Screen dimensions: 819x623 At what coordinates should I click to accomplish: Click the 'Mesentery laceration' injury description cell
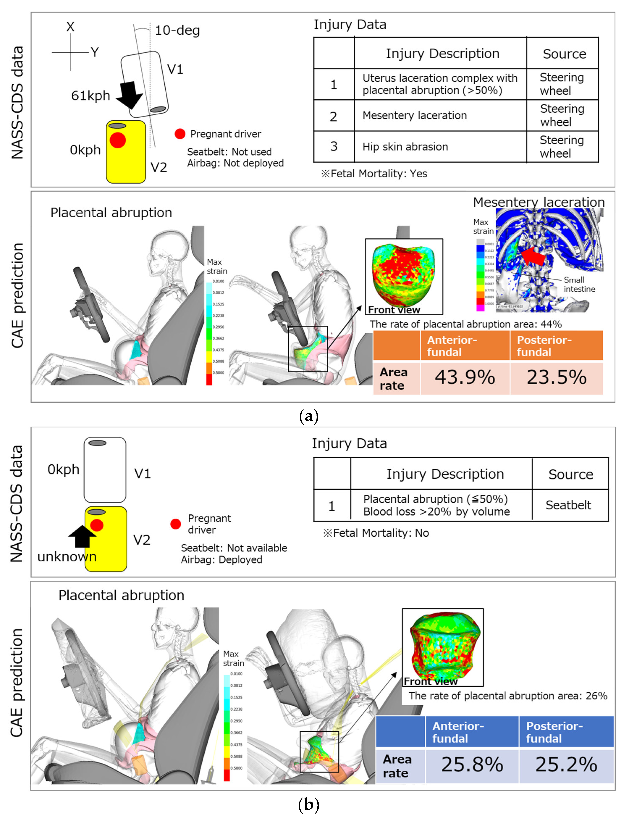pos(415,115)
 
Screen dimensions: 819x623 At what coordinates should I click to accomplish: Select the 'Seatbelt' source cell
pos(568,505)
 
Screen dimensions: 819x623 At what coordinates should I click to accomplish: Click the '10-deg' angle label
pos(177,30)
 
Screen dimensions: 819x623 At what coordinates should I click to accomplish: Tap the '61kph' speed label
pos(90,96)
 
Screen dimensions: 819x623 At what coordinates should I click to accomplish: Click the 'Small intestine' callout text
pos(579,284)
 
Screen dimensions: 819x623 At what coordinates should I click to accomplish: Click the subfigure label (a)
pos(309,416)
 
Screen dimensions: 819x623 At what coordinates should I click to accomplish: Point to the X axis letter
pos(70,27)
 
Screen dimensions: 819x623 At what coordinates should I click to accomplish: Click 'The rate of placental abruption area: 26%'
pos(508,696)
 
